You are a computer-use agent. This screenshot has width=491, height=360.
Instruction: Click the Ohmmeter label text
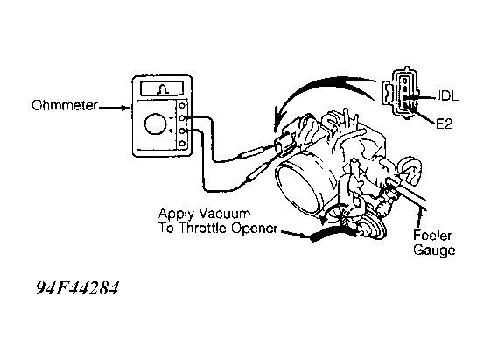pyautogui.click(x=65, y=106)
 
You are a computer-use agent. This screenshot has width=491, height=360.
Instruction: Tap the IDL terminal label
pyautogui.click(x=447, y=95)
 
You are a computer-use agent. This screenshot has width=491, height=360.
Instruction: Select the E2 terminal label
pyautogui.click(x=445, y=124)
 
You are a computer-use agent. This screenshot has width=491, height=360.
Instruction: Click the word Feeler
pyautogui.click(x=432, y=236)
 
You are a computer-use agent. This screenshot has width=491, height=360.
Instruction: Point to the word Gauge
pyautogui.click(x=434, y=251)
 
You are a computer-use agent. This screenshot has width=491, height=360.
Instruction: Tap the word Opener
pyautogui.click(x=255, y=229)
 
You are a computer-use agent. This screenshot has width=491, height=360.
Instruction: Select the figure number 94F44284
pyautogui.click(x=78, y=287)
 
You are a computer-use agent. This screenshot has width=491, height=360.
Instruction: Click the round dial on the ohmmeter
pyautogui.click(x=155, y=124)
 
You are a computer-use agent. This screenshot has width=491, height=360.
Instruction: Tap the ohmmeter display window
pyautogui.click(x=162, y=88)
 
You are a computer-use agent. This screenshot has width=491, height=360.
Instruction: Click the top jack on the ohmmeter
pyautogui.click(x=182, y=105)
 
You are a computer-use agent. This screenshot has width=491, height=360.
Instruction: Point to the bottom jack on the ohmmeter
pyautogui.click(x=182, y=144)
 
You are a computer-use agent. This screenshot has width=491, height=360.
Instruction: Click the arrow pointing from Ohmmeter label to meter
pyautogui.click(x=115, y=108)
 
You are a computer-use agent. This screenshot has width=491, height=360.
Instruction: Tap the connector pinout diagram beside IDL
pyautogui.click(x=400, y=93)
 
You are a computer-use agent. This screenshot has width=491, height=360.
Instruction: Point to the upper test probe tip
pyautogui.click(x=271, y=145)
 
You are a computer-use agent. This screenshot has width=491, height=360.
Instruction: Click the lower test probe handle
pyautogui.click(x=256, y=173)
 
